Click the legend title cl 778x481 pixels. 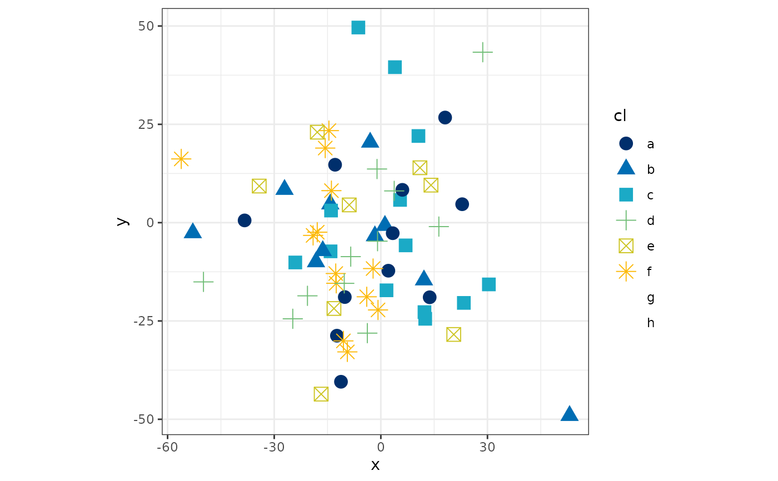620,116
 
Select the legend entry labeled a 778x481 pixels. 650,144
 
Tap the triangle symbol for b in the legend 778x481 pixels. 626,168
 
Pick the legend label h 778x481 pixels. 650,323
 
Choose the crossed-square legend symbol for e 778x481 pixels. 626,246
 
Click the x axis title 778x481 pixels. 375,465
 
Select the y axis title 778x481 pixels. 123,221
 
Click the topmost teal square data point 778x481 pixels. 358,27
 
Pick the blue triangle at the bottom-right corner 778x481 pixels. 569,414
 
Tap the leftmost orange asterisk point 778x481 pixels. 181,159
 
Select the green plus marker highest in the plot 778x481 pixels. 482,52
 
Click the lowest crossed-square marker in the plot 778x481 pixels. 321,394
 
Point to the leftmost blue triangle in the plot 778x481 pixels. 192,231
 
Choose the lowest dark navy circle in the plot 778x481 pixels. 341,382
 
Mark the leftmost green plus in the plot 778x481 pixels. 203,282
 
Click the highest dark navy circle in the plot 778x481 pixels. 445,117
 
